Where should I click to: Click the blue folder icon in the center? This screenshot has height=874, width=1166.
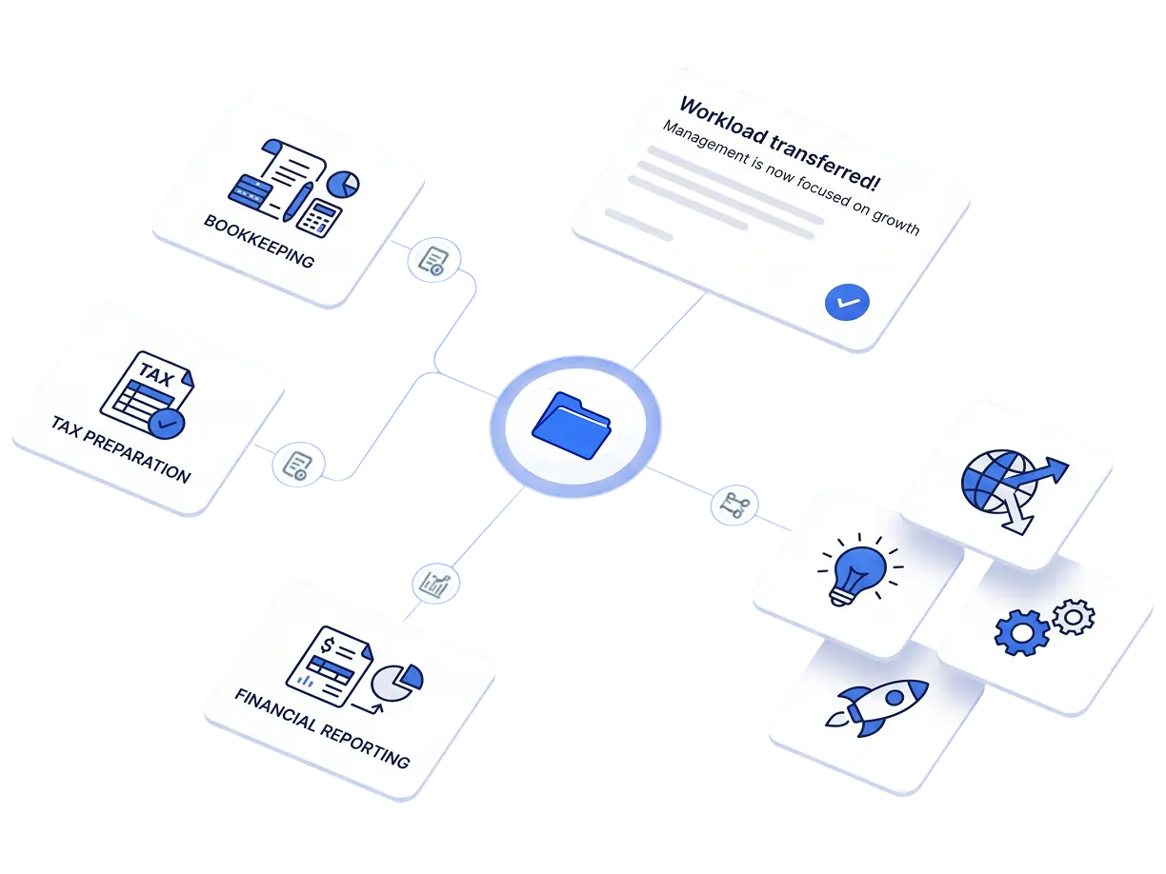pyautogui.click(x=572, y=426)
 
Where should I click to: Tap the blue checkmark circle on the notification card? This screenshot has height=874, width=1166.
pyautogui.click(x=847, y=302)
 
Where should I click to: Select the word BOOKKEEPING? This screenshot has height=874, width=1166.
pyautogui.click(x=259, y=241)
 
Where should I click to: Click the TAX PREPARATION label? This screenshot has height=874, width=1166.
pyautogui.click(x=121, y=449)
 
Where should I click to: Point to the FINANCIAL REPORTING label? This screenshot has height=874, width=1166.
pyautogui.click(x=322, y=728)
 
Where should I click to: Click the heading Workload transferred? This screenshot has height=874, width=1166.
pyautogui.click(x=780, y=143)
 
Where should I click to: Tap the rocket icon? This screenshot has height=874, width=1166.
pyautogui.click(x=876, y=706)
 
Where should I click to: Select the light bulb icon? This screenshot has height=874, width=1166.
pyautogui.click(x=859, y=569)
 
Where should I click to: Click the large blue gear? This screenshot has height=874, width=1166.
pyautogui.click(x=1021, y=632)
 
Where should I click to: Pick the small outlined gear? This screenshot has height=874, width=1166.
pyautogui.click(x=1074, y=617)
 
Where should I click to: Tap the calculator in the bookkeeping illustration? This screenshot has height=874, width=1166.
pyautogui.click(x=319, y=218)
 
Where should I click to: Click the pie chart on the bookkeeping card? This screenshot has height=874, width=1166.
pyautogui.click(x=343, y=184)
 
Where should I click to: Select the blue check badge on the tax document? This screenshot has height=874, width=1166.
pyautogui.click(x=167, y=424)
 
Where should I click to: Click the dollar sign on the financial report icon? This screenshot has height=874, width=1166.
pyautogui.click(x=328, y=646)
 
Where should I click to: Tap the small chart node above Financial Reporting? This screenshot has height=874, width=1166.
pyautogui.click(x=435, y=584)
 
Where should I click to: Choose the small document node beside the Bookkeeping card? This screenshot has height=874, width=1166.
pyautogui.click(x=434, y=260)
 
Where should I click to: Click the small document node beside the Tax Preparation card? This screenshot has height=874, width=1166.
pyautogui.click(x=298, y=465)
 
